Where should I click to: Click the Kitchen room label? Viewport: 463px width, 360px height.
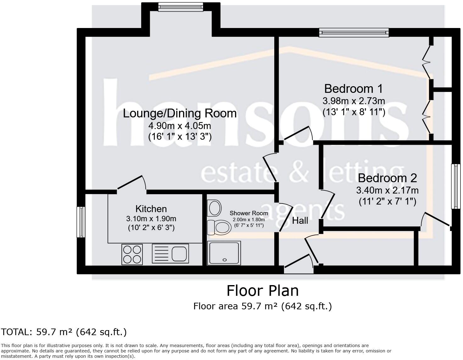click(x=151, y=209)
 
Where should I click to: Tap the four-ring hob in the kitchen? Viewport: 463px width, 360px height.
click(x=132, y=255)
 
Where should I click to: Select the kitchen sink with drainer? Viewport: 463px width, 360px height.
click(x=170, y=253)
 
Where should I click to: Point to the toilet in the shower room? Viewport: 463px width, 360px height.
click(x=219, y=228)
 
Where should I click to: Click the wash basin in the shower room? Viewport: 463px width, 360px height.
click(x=214, y=208)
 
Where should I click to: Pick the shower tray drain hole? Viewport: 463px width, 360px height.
click(x=224, y=260)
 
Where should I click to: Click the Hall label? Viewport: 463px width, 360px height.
click(x=300, y=221)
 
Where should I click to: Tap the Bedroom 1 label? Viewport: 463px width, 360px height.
click(x=354, y=89)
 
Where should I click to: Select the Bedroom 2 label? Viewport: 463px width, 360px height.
click(x=388, y=178)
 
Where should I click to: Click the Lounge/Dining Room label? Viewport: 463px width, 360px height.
click(x=180, y=113)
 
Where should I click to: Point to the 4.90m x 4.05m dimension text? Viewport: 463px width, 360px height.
click(x=180, y=126)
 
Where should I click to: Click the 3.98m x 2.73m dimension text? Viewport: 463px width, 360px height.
click(x=354, y=101)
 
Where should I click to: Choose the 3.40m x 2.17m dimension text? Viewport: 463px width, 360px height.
click(x=388, y=190)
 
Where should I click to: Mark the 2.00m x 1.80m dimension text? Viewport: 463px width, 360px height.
click(x=249, y=220)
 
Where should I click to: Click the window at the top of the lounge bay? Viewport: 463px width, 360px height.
click(x=181, y=7)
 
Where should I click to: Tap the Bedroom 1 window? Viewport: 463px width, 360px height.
click(x=354, y=32)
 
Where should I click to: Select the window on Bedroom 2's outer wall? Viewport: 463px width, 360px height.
click(x=456, y=186)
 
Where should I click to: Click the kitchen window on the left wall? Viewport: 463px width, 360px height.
click(x=81, y=222)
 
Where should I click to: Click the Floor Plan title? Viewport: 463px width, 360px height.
click(x=263, y=291)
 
